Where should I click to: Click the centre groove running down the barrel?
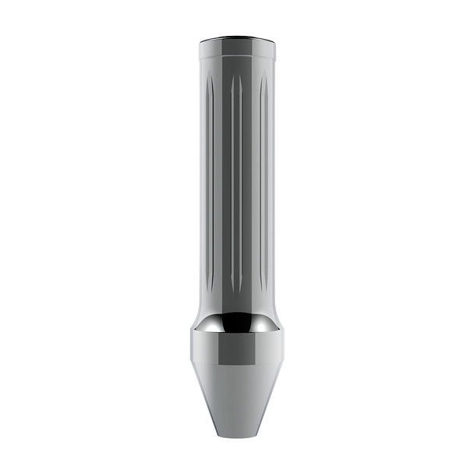[x=235, y=179]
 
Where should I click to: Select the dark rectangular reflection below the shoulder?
[x=237, y=351]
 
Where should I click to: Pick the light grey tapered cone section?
[x=237, y=398]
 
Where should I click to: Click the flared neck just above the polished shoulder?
[x=237, y=308]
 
